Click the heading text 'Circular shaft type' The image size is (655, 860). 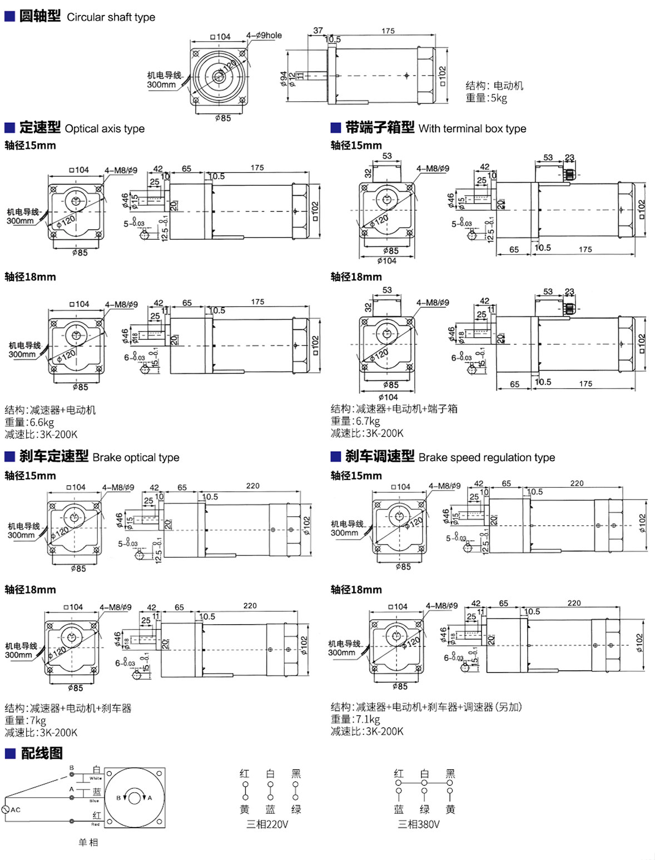tap(111, 17)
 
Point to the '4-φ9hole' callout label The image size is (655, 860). tap(264, 35)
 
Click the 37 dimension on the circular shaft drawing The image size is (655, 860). tap(318, 31)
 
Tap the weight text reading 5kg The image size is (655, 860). tap(487, 98)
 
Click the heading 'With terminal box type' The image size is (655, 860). tap(472, 128)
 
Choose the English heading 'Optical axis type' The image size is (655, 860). tap(105, 128)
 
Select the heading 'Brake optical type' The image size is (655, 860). tap(136, 457)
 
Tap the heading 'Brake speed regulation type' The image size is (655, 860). tap(487, 457)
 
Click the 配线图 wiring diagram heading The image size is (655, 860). tap(42, 753)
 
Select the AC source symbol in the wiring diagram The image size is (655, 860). tap(7, 809)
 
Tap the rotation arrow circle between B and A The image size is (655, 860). tap(135, 798)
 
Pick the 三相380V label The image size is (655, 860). tap(419, 824)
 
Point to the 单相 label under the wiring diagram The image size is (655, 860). tap(88, 842)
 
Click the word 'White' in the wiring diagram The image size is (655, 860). tap(95, 778)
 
